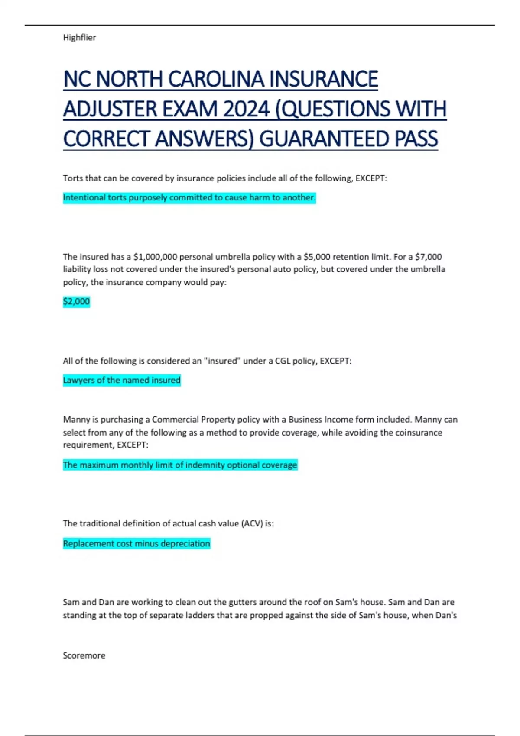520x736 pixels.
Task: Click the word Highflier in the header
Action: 79,38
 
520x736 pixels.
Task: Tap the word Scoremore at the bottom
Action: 84,655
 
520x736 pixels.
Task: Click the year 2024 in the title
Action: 246,109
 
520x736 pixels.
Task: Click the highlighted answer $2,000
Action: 76,301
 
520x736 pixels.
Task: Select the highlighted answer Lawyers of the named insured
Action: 122,380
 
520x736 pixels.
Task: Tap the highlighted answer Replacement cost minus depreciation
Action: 136,543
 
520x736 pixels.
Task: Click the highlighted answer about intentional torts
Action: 189,198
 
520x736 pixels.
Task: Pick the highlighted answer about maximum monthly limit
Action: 180,465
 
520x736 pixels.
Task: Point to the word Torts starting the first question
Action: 73,178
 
